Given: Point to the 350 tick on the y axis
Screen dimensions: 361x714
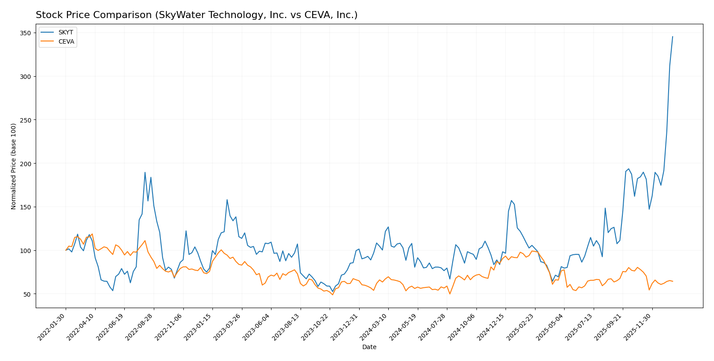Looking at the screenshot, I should [x=25, y=33].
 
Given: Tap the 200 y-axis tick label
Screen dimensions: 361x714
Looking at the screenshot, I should [x=25, y=164].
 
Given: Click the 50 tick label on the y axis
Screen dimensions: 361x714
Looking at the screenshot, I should [x=27, y=294].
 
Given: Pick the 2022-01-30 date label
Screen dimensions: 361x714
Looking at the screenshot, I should [x=52, y=327].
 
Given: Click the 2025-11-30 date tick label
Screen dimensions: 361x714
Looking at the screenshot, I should [x=638, y=327].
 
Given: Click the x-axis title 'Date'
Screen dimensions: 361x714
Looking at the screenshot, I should [x=369, y=347].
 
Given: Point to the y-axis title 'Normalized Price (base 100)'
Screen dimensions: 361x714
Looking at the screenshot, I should [x=14, y=166].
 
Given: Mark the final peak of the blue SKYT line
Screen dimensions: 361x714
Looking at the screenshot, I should [x=673, y=37].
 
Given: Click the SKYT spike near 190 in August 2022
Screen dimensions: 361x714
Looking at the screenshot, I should [x=145, y=172].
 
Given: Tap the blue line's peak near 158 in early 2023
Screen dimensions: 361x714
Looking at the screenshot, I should [x=227, y=200].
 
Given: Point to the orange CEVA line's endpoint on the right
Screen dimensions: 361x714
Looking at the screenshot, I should [x=673, y=281].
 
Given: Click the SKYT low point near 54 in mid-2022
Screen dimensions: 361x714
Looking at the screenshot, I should [x=113, y=290].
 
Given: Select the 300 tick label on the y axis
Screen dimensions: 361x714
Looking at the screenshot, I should [x=25, y=77].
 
